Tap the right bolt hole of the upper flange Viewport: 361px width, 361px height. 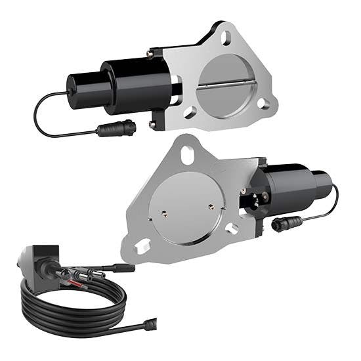point(263,103)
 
